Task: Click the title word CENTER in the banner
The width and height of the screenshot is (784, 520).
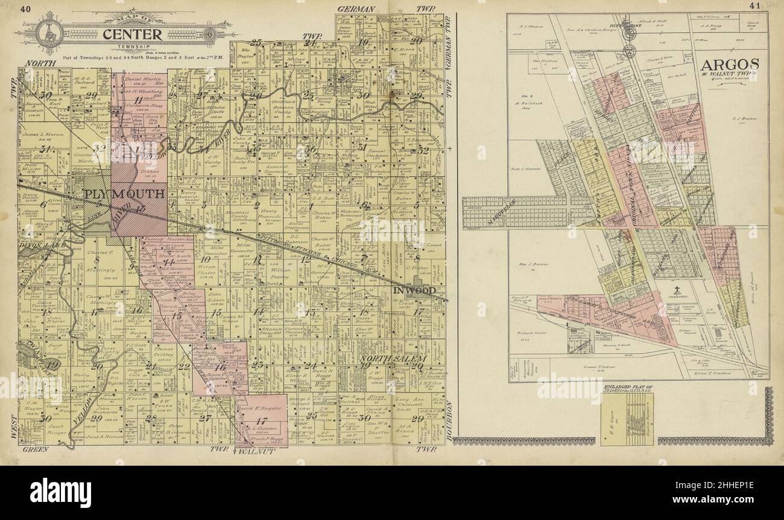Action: tap(131, 34)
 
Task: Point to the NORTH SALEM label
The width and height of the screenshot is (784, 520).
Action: tap(385, 359)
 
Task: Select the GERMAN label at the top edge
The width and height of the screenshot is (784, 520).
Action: tap(357, 8)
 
